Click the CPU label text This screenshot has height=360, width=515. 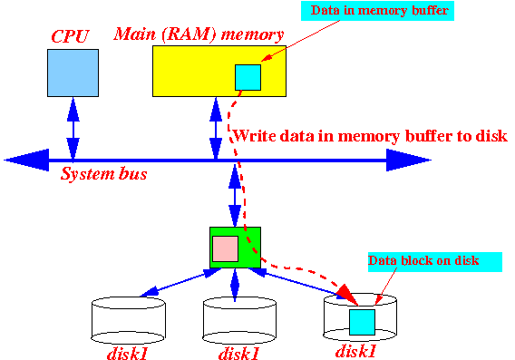tap(71, 36)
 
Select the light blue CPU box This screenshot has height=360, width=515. tap(73, 73)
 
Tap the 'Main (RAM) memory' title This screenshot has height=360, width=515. tap(199, 34)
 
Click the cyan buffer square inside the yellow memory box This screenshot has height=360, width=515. tap(248, 77)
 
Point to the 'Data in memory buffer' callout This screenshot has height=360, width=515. tap(378, 11)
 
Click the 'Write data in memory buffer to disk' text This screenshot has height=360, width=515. tap(370, 136)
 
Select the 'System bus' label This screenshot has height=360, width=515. tap(103, 174)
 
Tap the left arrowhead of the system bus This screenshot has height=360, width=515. tap(26, 160)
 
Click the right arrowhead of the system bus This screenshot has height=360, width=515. tap(409, 160)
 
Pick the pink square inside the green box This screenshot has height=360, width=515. tap(225, 248)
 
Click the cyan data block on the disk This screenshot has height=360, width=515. tap(362, 322)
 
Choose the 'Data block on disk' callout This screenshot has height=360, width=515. tap(435, 262)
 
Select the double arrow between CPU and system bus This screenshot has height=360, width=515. tap(73, 129)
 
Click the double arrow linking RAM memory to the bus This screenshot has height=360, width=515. tap(216, 129)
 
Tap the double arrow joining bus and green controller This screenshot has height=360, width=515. tap(235, 195)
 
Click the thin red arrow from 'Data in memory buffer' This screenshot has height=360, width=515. tap(300, 41)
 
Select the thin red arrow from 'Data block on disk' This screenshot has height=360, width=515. tap(385, 286)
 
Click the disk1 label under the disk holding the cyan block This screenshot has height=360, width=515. tap(355, 351)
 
